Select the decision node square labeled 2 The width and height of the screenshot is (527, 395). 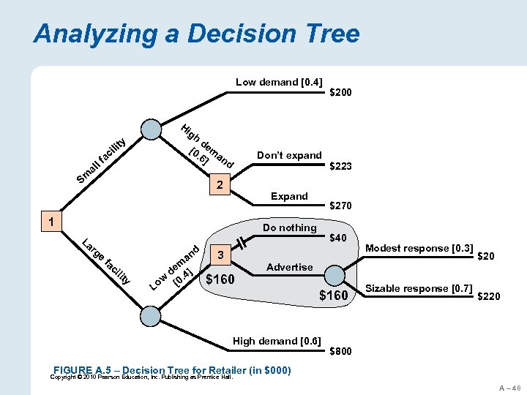pos(219,184)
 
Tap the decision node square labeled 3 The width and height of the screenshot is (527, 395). pos(220,255)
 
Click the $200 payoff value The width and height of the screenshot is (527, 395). pos(340,93)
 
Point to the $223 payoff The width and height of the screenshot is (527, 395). pos(341,167)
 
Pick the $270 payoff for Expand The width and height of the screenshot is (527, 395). pos(341,207)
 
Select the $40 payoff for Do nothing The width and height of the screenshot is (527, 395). pos(337,238)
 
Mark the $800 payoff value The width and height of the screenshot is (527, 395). pos(341,351)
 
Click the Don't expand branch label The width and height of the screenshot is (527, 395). pos(289,155)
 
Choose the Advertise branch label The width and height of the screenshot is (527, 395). pos(289,267)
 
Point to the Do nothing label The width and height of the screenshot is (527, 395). pos(289,227)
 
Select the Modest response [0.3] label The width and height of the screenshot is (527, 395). pos(419,249)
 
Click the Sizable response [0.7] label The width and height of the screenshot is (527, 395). pos(419,288)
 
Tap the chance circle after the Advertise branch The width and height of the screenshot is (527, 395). pos(335,275)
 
